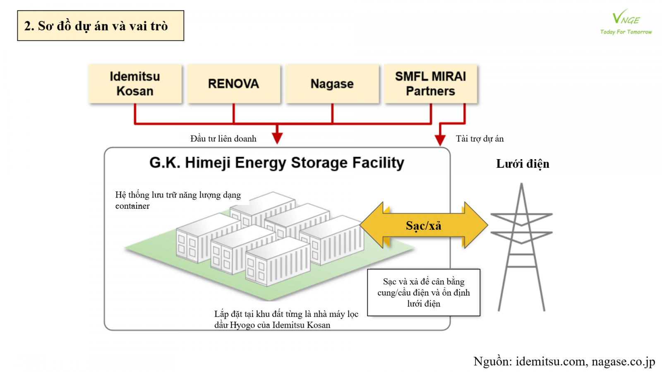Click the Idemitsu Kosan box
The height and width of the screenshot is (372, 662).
135,83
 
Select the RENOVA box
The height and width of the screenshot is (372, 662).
233,83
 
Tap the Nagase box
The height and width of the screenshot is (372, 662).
332,83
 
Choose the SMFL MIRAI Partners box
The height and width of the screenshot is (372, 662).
430,83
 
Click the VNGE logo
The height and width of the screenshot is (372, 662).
626,19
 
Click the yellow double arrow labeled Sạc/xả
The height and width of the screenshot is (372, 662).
424,225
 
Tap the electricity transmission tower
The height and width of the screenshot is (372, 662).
521,248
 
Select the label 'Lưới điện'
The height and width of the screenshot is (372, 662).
523,164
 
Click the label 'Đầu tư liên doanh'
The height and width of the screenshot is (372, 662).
223,139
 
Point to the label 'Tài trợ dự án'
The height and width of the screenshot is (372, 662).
480,139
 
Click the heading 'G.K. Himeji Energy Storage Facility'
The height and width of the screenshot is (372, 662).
276,163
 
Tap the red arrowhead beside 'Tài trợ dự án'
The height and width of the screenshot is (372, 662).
440,140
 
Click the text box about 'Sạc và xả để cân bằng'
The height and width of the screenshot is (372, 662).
424,293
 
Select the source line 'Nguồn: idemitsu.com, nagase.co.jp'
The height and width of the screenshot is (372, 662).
564,361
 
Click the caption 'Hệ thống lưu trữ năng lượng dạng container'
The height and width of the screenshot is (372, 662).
178,200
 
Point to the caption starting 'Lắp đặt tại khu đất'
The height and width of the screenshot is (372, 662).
286,320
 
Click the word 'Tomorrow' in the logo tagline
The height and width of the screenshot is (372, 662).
639,32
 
